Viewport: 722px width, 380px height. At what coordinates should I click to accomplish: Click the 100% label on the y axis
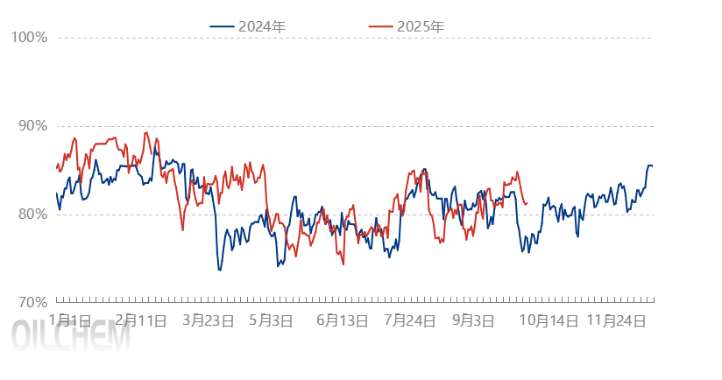tap(29, 37)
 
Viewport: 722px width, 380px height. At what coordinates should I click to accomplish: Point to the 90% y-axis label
tap(32, 125)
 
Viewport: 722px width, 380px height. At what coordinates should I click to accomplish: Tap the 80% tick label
tap(32, 214)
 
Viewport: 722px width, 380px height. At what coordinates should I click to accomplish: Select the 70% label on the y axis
tap(32, 302)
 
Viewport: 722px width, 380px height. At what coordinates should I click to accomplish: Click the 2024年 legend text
tap(262, 26)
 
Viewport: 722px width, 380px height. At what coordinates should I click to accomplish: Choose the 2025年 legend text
tap(421, 26)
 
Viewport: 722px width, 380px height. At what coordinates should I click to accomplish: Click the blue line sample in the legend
tap(222, 26)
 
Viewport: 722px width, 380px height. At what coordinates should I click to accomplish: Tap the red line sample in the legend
tap(380, 26)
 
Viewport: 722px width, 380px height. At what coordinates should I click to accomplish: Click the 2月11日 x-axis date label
tap(140, 321)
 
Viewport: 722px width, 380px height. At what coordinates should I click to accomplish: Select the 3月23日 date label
tap(208, 321)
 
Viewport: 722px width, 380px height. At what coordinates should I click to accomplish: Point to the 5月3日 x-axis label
tap(271, 321)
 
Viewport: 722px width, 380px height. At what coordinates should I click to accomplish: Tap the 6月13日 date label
tap(342, 321)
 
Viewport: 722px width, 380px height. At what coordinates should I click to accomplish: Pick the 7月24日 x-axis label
tap(409, 321)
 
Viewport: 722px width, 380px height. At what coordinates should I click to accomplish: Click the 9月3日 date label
tap(473, 321)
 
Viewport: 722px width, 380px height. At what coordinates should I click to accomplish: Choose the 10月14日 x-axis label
tap(548, 321)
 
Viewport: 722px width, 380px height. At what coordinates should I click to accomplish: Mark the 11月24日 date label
tap(617, 321)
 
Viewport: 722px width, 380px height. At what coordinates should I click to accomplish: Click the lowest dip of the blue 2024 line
tap(219, 270)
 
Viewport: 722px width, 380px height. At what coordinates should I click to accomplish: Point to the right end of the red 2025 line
tap(527, 204)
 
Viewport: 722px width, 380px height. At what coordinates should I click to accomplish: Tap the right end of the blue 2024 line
tap(652, 166)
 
